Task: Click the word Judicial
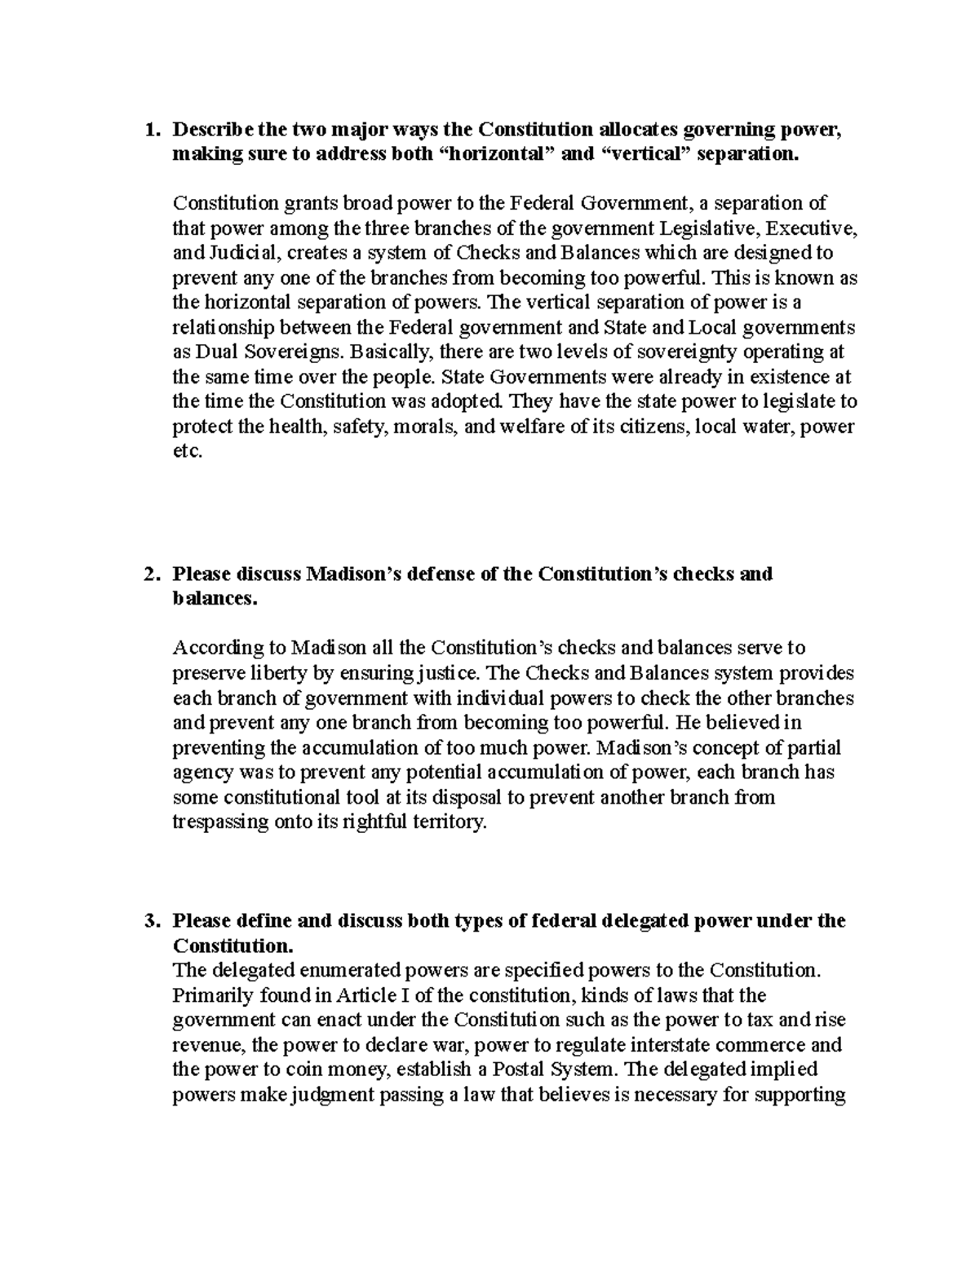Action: (x=237, y=253)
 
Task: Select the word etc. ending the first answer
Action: (x=186, y=451)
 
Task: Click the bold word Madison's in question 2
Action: (x=350, y=574)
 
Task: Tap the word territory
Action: (x=450, y=822)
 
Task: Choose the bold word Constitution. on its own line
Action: (x=232, y=946)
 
